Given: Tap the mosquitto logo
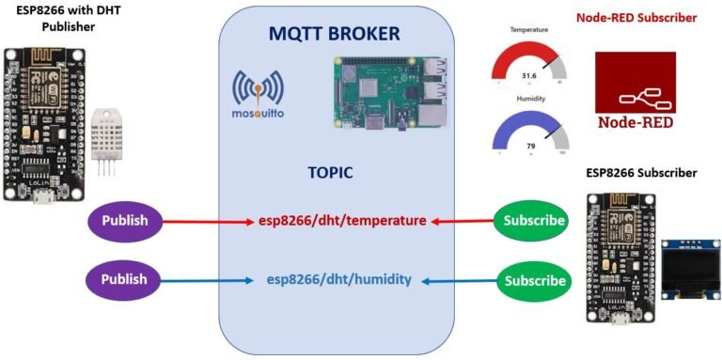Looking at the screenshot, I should (x=259, y=98).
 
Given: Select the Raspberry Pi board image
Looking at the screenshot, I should (x=388, y=91).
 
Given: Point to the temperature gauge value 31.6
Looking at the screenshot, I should (x=528, y=75).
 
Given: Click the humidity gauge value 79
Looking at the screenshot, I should (x=529, y=145).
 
